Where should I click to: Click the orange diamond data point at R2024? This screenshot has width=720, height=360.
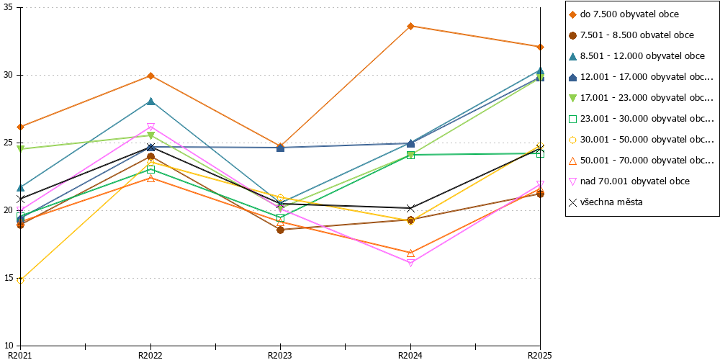410,26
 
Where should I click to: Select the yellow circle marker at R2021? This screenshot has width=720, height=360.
20,280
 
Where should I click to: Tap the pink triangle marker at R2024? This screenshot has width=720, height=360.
410,263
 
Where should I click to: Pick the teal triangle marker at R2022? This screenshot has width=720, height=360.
150,101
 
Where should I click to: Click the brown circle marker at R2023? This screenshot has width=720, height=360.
281,230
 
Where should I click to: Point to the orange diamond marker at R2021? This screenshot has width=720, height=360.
20,127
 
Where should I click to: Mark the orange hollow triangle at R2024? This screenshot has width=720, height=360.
410,253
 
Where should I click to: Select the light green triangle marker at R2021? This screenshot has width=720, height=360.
20,149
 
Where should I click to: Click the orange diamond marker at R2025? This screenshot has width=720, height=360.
541,47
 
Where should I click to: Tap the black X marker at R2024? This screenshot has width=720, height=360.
410,209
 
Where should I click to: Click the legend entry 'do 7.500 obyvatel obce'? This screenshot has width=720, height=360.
624,14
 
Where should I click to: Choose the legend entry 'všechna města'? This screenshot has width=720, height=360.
606,202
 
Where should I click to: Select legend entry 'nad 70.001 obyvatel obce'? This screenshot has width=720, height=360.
629,181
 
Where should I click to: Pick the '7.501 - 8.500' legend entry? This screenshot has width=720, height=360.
631,35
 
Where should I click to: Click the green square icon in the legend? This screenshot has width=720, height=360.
572,119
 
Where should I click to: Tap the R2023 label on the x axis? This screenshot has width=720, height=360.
280,355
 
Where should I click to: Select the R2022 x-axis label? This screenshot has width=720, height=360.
150,355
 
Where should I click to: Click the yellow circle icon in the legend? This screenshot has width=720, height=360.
572,140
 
